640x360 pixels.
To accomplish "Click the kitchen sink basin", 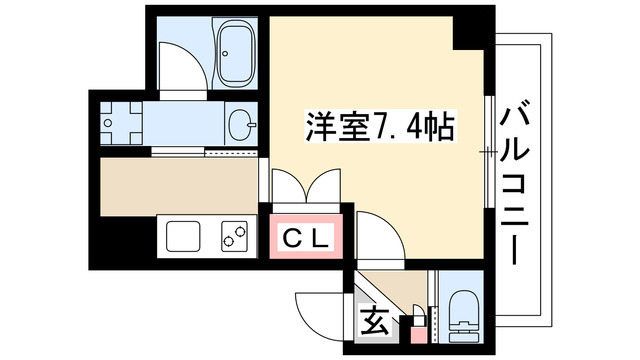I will (x=185, y=238).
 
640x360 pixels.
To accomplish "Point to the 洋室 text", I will (x=331, y=127).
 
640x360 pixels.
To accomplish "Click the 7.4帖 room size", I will (x=412, y=127).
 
